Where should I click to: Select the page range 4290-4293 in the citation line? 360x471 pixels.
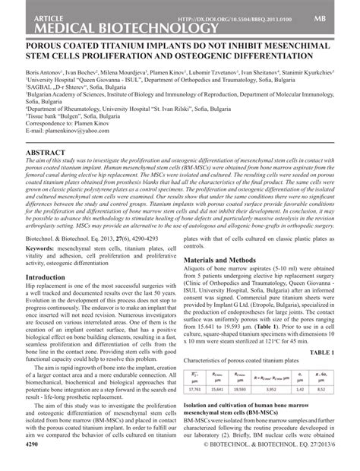(145, 237)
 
